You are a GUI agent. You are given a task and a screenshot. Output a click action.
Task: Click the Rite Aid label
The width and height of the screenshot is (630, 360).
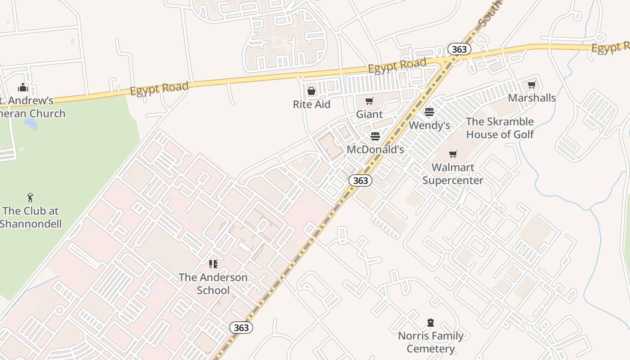[311, 104]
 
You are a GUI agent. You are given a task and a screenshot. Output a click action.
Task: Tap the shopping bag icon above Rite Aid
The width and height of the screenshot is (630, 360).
[311, 91]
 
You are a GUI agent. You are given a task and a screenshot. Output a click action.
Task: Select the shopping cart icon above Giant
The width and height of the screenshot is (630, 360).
[369, 101]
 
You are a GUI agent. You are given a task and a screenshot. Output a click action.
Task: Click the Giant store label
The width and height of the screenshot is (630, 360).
[369, 114]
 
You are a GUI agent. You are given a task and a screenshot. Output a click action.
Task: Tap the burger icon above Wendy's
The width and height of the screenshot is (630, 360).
[429, 112]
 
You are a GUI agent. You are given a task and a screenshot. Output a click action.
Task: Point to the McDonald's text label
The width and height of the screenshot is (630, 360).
[375, 149]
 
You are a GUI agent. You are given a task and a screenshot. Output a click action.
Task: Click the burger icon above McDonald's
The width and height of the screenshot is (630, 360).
[375, 136]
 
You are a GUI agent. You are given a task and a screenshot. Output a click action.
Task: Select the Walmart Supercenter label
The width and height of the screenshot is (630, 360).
[453, 174]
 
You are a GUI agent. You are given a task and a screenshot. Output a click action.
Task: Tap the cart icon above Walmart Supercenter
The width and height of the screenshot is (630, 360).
[453, 154]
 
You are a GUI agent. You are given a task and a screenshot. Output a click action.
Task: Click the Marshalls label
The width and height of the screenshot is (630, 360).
[531, 98]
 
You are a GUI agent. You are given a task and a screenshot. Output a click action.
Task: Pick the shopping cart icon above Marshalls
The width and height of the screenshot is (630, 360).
[531, 85]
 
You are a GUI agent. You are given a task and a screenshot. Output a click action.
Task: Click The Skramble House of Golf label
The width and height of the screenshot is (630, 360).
[499, 128]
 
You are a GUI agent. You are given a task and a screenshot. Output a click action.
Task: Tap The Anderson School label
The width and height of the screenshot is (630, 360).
[213, 283]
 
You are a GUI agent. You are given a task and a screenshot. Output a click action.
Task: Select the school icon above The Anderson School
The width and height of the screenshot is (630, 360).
[213, 264]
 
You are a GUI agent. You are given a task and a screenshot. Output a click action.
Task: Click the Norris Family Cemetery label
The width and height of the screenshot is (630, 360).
[431, 342]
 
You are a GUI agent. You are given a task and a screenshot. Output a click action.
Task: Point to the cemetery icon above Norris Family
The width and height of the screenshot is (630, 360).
[431, 323]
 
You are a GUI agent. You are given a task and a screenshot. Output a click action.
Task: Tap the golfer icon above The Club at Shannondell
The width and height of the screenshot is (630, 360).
[30, 198]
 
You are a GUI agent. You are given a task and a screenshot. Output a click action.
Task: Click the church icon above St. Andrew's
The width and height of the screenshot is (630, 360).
[23, 87]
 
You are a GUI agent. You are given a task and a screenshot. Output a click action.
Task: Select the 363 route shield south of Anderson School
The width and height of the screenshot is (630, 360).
[241, 328]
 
